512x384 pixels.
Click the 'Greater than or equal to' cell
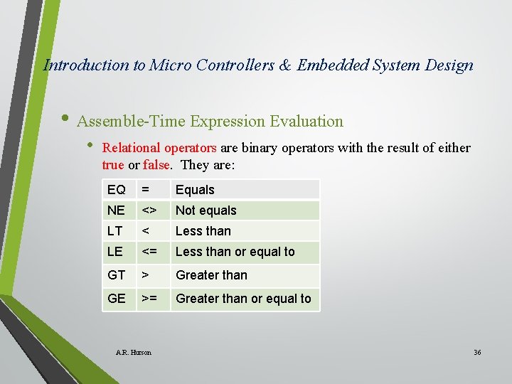click(243, 299)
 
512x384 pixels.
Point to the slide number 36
click(477, 352)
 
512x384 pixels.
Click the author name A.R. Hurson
click(134, 352)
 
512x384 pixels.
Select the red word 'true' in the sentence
click(113, 164)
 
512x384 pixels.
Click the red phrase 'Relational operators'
click(159, 148)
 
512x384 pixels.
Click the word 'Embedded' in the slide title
click(331, 65)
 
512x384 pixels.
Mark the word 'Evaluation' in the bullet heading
click(306, 121)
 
